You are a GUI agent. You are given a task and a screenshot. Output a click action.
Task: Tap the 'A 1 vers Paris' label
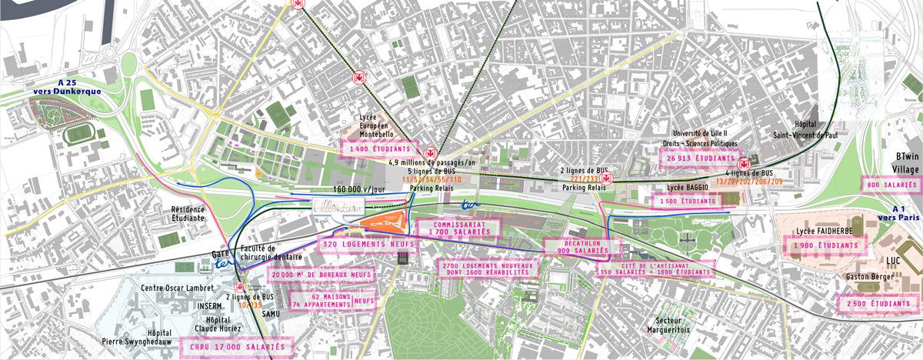coord(899,213)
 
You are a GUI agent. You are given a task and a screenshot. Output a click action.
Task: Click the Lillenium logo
coord(338,205)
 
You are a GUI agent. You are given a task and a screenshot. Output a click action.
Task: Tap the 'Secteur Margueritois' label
coord(668,325)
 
